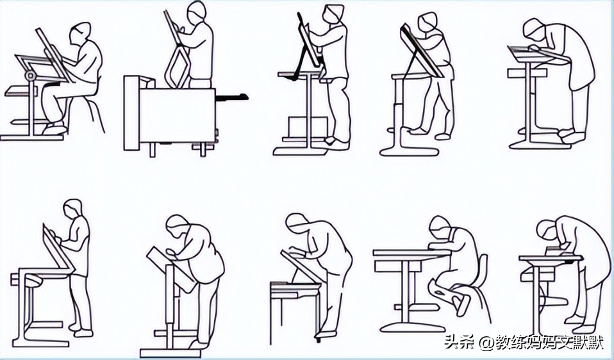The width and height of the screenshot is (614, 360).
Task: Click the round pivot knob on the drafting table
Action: click(x=29, y=75)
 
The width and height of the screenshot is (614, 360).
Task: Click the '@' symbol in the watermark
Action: click(x=486, y=343)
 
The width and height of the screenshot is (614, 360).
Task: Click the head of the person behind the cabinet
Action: click(x=196, y=12)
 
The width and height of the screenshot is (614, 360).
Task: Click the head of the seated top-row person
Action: click(x=80, y=33)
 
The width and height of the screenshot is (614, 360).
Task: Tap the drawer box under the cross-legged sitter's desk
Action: click(x=398, y=266)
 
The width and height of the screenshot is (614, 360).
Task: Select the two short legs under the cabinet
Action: click(x=178, y=149)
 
